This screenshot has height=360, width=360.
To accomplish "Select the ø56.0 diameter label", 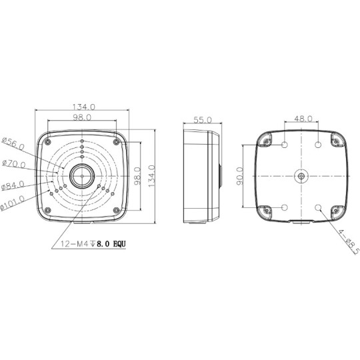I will tap(13, 142).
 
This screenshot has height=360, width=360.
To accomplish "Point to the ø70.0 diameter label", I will tap(13, 165).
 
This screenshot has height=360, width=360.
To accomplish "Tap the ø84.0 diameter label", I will tap(13, 186).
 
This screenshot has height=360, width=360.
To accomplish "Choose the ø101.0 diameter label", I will tap(13, 202).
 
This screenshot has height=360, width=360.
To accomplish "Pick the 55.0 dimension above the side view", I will tap(202, 120).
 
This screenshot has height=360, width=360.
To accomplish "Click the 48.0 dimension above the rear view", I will tap(303, 119).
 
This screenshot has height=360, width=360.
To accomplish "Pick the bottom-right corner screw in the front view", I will tap(117, 211).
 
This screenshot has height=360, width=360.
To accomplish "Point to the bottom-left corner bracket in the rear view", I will tap(266, 211).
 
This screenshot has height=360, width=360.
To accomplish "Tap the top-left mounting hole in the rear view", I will tap(285, 145).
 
